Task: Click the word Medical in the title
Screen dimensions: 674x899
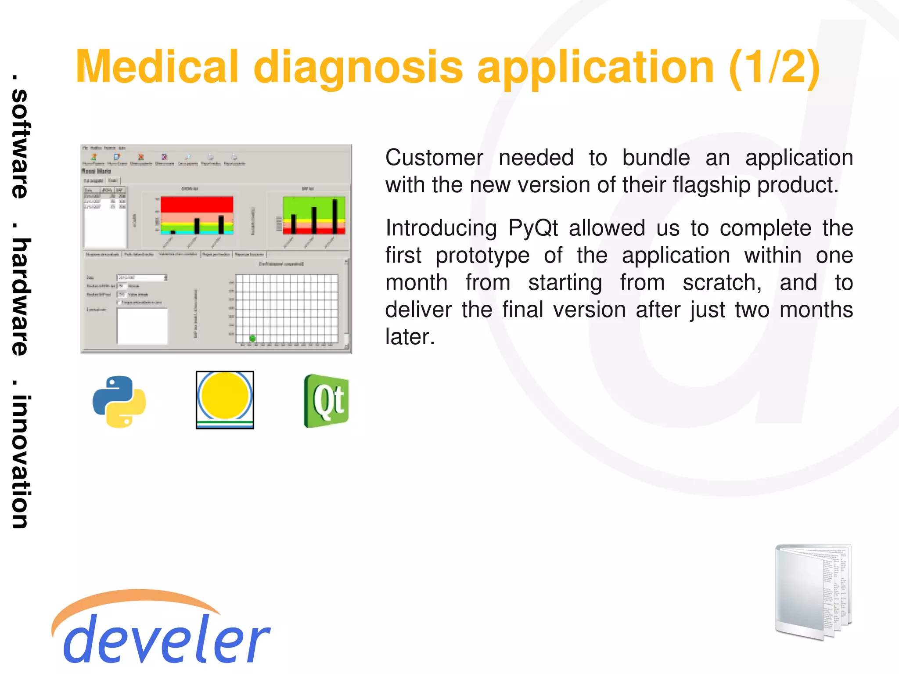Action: pyautogui.click(x=157, y=67)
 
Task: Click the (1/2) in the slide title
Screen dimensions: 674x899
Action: pyautogui.click(x=774, y=67)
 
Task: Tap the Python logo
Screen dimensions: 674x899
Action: pyautogui.click(x=119, y=401)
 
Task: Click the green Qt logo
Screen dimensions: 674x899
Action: pyautogui.click(x=326, y=401)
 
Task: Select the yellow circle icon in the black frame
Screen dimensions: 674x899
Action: pyautogui.click(x=225, y=397)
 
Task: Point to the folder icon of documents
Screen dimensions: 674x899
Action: pyautogui.click(x=813, y=591)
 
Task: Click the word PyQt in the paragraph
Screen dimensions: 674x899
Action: pyautogui.click(x=533, y=228)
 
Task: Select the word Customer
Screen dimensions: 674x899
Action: pyautogui.click(x=434, y=158)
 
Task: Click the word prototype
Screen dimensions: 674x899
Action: pyautogui.click(x=482, y=256)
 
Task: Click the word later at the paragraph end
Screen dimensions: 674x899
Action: pyautogui.click(x=410, y=337)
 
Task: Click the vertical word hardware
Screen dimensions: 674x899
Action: pyautogui.click(x=20, y=297)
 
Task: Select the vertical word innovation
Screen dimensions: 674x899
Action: pyautogui.click(x=20, y=461)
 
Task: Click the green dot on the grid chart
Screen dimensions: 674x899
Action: pyautogui.click(x=252, y=338)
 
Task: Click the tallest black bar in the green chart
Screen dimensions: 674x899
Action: pyautogui.click(x=335, y=216)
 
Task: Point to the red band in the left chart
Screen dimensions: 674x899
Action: pyautogui.click(x=197, y=204)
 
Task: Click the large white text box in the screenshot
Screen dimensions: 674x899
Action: pyautogui.click(x=142, y=326)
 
